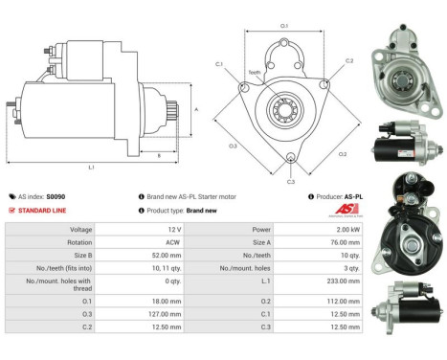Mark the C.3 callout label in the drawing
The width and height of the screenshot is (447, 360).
pyautogui.click(x=291, y=180)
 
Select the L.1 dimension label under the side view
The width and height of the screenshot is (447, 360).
pyautogui.click(x=92, y=167)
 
